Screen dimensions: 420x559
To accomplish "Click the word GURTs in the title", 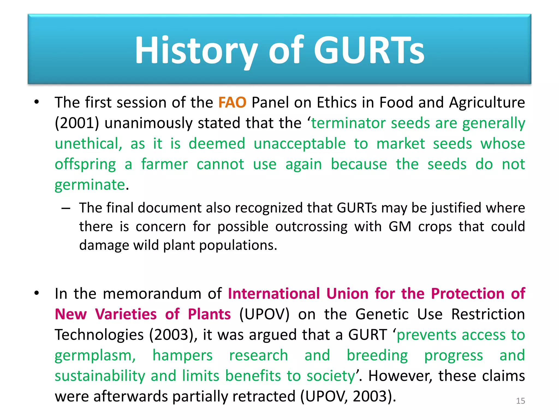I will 369,51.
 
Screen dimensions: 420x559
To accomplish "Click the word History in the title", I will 196,51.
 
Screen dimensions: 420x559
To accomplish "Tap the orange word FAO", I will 232,103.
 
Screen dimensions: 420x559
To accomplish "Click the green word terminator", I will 348,123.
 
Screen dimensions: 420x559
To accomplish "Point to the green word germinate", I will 90,185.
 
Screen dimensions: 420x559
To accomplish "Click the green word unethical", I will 88,144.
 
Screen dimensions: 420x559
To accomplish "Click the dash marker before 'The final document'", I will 66,208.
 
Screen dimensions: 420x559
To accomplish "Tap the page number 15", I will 520,401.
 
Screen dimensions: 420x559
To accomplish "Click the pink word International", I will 274,294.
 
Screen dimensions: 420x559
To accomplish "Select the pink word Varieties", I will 126,314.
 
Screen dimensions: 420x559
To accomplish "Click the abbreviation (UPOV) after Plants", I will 264,314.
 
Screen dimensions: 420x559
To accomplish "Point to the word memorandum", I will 152,294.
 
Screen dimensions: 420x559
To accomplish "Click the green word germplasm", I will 95,355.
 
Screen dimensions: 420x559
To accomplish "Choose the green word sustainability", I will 100,376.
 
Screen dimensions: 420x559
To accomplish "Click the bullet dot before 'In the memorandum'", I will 37,293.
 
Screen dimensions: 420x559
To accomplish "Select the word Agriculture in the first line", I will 487,103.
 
